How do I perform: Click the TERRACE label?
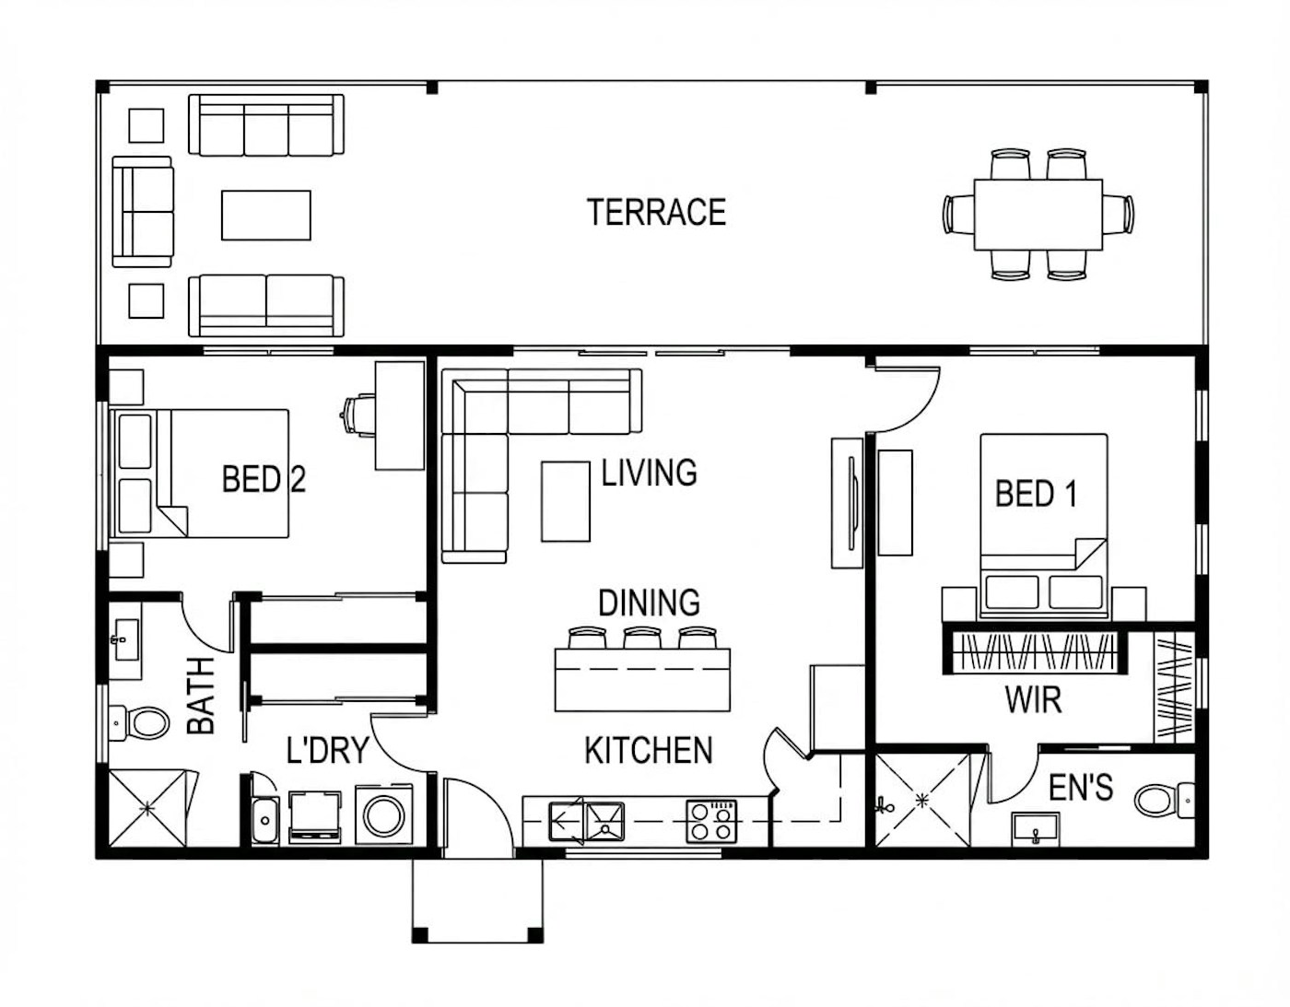click(x=656, y=213)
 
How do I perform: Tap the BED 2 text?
click(x=264, y=479)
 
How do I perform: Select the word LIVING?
click(x=649, y=473)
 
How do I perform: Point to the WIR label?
click(x=1033, y=700)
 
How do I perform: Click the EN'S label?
click(x=1080, y=788)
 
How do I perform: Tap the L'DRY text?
click(x=327, y=751)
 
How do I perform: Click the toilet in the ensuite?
click(x=1164, y=799)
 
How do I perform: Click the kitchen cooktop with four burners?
click(x=711, y=821)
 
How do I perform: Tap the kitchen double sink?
click(x=587, y=821)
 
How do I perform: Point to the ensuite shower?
click(x=921, y=800)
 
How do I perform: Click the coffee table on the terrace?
click(x=265, y=215)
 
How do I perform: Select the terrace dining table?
click(x=1038, y=215)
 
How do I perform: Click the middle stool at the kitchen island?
click(x=642, y=638)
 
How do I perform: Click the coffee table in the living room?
click(x=565, y=501)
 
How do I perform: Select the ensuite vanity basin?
click(x=1036, y=829)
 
